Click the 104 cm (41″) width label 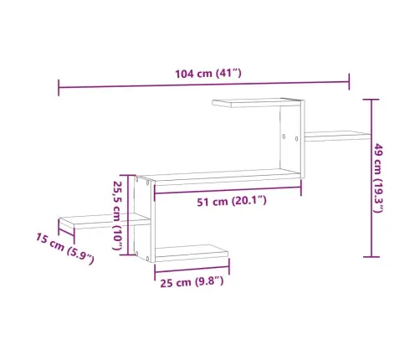(208, 74)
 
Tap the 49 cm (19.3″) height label (378, 177)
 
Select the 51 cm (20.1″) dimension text (232, 201)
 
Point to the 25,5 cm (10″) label (117, 215)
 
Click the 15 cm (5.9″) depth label (65, 249)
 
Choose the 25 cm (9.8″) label (192, 282)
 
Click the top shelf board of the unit (256, 102)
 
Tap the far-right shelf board (338, 136)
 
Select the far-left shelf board (104, 221)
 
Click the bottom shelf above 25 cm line (192, 253)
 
